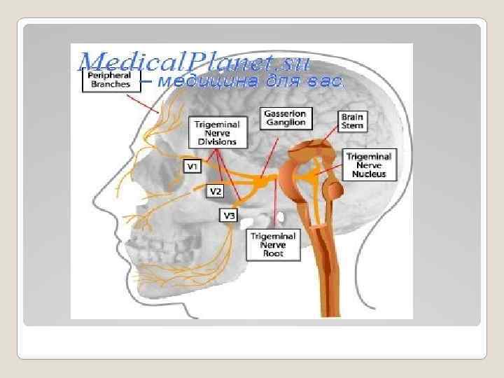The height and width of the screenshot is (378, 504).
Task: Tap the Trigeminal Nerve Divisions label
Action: (218, 132)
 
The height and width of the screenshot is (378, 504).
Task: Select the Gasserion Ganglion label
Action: (286, 118)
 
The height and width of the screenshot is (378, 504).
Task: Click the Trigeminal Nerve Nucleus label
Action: (369, 164)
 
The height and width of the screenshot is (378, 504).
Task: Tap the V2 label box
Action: (216, 190)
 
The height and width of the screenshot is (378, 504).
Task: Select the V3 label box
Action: (229, 215)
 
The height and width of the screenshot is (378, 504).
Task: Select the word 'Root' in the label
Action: (273, 254)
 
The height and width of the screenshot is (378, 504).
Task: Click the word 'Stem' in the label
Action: (351, 126)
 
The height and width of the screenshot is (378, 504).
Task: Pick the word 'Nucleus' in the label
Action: (369, 174)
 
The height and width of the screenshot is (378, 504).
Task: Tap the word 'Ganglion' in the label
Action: (286, 122)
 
